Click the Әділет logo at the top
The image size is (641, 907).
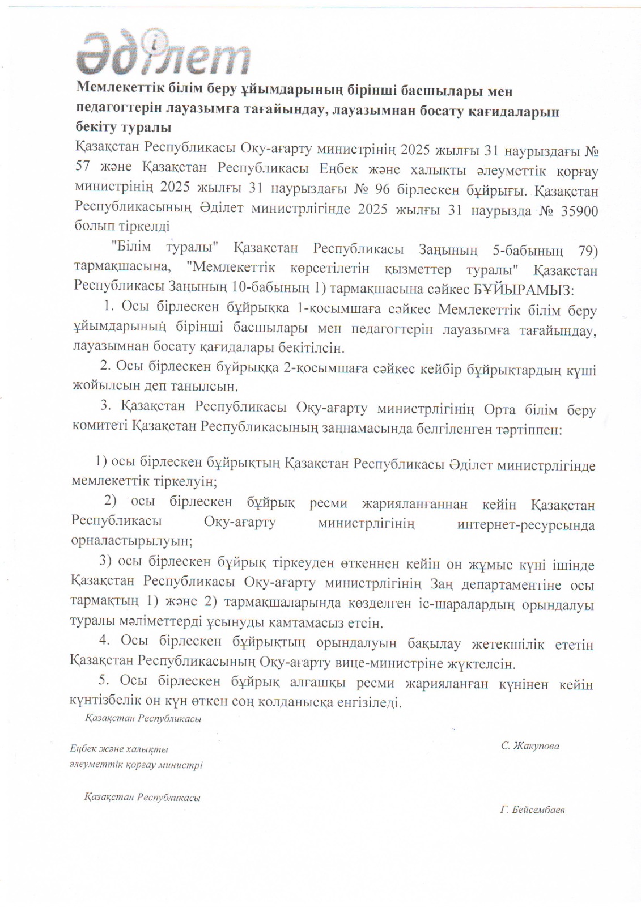(163, 53)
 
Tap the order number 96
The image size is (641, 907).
(382, 190)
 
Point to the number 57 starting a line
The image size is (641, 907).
(83, 169)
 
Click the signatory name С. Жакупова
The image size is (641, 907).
(530, 746)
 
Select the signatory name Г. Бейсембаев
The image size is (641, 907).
(532, 809)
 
